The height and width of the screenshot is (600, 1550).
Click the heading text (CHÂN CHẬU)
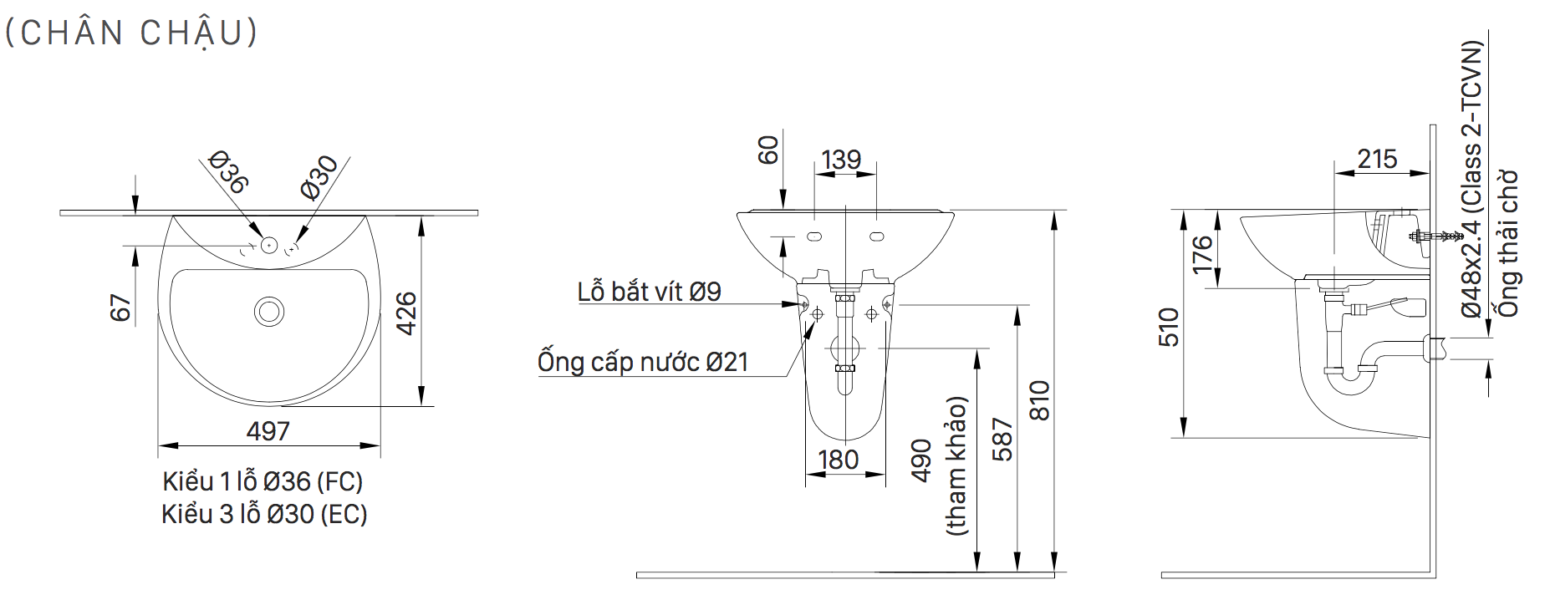click(132, 32)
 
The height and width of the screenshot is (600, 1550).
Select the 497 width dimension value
click(268, 430)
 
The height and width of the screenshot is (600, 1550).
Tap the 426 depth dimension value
click(405, 313)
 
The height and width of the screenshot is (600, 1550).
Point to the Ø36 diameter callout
click(227, 172)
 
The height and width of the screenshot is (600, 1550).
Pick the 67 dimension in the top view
click(120, 308)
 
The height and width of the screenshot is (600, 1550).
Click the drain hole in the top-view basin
click(269, 311)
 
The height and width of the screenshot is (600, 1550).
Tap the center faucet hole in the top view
click(268, 246)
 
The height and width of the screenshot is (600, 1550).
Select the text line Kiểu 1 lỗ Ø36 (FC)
click(263, 481)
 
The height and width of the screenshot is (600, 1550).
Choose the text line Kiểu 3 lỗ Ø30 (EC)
click(264, 513)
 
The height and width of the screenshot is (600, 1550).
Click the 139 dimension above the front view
click(840, 159)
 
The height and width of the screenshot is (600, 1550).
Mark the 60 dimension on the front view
click(767, 150)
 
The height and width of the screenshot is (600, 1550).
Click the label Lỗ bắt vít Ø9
click(649, 291)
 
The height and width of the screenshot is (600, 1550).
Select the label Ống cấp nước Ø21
click(642, 362)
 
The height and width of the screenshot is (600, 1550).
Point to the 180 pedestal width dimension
click(838, 460)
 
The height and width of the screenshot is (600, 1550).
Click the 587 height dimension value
click(1002, 440)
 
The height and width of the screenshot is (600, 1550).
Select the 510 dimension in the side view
click(1170, 327)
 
